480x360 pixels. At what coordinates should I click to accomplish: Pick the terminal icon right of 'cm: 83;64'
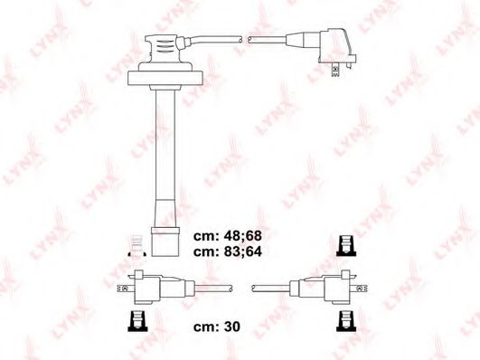click(344, 244)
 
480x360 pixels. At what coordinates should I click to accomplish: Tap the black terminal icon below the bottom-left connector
click(138, 320)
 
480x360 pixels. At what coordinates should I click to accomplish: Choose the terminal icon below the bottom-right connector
click(344, 320)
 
